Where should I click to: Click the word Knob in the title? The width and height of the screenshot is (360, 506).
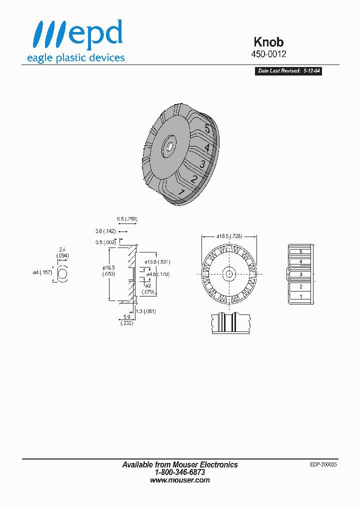pyautogui.click(x=269, y=42)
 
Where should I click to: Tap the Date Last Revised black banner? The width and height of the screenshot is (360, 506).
pyautogui.click(x=288, y=71)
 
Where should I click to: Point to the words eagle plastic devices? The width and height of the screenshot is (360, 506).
pyautogui.click(x=75, y=58)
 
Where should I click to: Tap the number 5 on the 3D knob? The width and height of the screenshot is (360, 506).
pyautogui.click(x=207, y=129)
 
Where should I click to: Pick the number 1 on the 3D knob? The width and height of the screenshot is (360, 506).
pyautogui.click(x=182, y=193)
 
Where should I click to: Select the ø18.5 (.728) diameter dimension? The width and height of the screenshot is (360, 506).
pyautogui.click(x=229, y=235)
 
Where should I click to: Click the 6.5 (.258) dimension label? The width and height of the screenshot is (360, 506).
pyautogui.click(x=127, y=219)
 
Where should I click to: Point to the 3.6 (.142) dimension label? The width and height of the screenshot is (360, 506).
pyautogui.click(x=105, y=231)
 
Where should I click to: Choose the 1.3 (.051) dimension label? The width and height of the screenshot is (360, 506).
pyautogui.click(x=145, y=311)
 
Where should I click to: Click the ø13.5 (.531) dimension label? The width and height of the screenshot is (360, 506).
pyautogui.click(x=157, y=261)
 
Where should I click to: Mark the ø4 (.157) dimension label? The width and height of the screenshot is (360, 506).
pyautogui.click(x=42, y=272)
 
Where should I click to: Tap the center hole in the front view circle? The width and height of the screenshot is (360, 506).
pyautogui.click(x=229, y=273)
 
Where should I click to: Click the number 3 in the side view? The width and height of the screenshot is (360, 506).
pyautogui.click(x=300, y=274)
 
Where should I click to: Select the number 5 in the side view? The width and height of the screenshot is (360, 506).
pyautogui.click(x=300, y=251)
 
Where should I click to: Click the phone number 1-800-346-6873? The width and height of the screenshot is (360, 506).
pyautogui.click(x=180, y=472)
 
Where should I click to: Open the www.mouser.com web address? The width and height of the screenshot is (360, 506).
pyautogui.click(x=180, y=480)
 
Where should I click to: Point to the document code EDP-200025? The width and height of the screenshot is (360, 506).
pyautogui.click(x=323, y=464)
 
